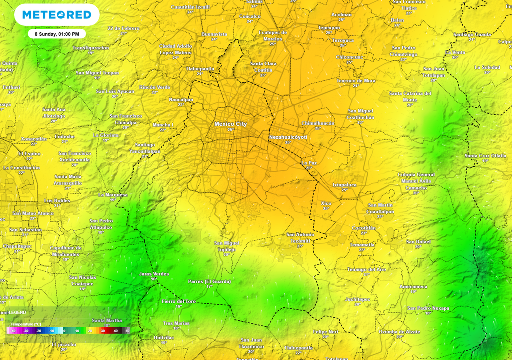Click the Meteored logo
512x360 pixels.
pyautogui.click(x=54, y=15)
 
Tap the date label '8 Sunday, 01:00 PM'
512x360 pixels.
pyautogui.click(x=57, y=34)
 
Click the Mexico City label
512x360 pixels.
pyautogui.click(x=230, y=124)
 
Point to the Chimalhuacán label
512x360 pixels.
pyautogui.click(x=318, y=123)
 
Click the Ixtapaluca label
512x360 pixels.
pyautogui.click(x=344, y=185)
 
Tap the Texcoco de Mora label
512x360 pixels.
pyautogui.click(x=356, y=80)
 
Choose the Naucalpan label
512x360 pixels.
pyautogui.click(x=181, y=99)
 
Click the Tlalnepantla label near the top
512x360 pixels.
pyautogui.click(x=200, y=68)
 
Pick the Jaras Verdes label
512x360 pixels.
pyautogui.click(x=154, y=274)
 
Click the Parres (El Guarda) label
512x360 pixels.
pyautogui.click(x=209, y=281)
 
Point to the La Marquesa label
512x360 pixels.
pyautogui.click(x=113, y=195)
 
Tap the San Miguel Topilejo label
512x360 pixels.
pyautogui.click(x=227, y=246)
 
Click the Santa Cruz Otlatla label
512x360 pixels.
pyautogui.click(x=485, y=155)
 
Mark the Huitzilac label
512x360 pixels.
pyautogui.click(x=164, y=337)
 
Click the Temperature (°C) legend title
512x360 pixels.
pyautogui.click(x=26, y=324)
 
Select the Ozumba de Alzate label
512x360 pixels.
pyautogui.click(x=399, y=332)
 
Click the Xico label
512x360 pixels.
pyautogui.click(x=326, y=203)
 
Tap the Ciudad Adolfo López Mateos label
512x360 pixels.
pyautogui.click(x=175, y=49)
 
